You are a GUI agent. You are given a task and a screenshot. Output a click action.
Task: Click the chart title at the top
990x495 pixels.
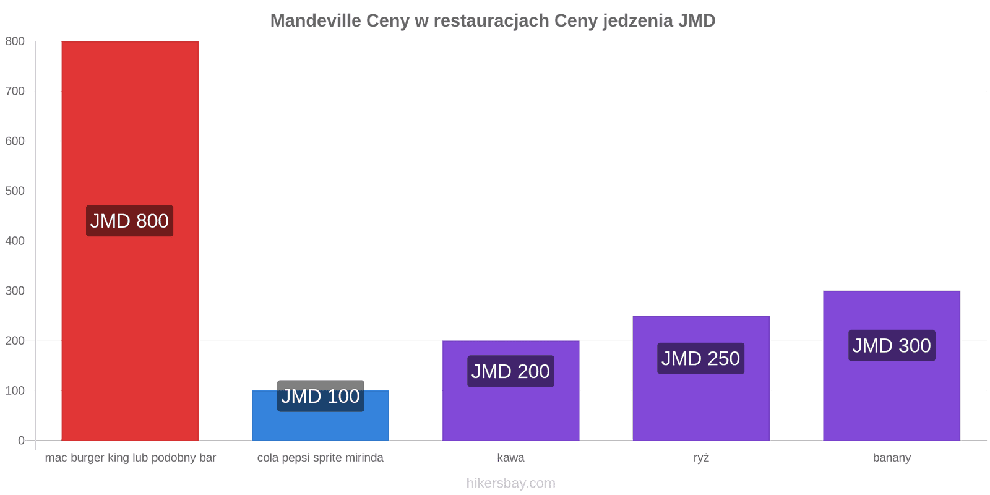click(493, 21)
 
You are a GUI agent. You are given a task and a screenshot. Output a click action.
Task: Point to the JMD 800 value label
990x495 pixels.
click(129, 221)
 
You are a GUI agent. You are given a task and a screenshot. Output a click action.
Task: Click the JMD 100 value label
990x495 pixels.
click(321, 396)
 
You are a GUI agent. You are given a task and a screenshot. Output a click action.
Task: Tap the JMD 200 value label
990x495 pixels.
click(510, 371)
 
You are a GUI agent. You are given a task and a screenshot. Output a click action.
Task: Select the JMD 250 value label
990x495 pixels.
click(700, 358)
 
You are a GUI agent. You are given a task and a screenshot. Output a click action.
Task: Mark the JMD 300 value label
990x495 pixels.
click(892, 345)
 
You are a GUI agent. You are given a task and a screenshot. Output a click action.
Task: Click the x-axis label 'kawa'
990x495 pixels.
click(510, 458)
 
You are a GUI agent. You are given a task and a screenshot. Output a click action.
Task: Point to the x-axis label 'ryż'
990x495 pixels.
click(701, 458)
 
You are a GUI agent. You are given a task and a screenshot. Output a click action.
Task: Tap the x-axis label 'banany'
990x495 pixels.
click(892, 458)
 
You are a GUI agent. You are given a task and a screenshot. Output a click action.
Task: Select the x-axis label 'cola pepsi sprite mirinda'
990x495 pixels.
click(321, 458)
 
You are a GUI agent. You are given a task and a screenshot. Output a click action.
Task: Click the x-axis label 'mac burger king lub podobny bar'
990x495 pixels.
click(131, 458)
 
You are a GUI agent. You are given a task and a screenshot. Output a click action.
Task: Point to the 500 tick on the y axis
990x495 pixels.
click(15, 191)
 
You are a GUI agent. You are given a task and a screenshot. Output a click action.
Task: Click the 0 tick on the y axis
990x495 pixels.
click(21, 441)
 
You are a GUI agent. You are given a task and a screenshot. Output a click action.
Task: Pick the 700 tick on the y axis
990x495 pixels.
click(15, 91)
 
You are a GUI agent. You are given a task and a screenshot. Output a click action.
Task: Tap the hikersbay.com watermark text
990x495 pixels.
click(510, 483)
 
